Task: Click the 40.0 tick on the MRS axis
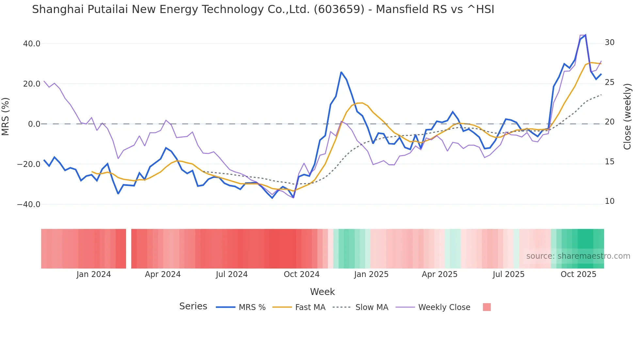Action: [31, 43]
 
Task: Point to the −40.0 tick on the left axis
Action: [29, 205]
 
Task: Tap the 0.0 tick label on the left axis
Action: [34, 124]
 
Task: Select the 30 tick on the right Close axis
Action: [610, 42]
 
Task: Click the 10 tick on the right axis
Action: [610, 201]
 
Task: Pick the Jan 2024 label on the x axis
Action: [94, 274]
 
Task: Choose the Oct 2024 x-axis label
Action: [301, 274]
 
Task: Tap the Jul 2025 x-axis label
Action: [508, 274]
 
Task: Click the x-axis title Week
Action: [322, 292]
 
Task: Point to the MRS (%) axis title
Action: [6, 117]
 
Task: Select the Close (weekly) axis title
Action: [627, 117]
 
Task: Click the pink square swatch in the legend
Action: [487, 307]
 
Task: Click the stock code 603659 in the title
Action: [339, 9]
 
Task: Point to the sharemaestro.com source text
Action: [578, 256]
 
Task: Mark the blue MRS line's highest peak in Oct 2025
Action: [585, 35]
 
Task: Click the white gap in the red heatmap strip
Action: [129, 249]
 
